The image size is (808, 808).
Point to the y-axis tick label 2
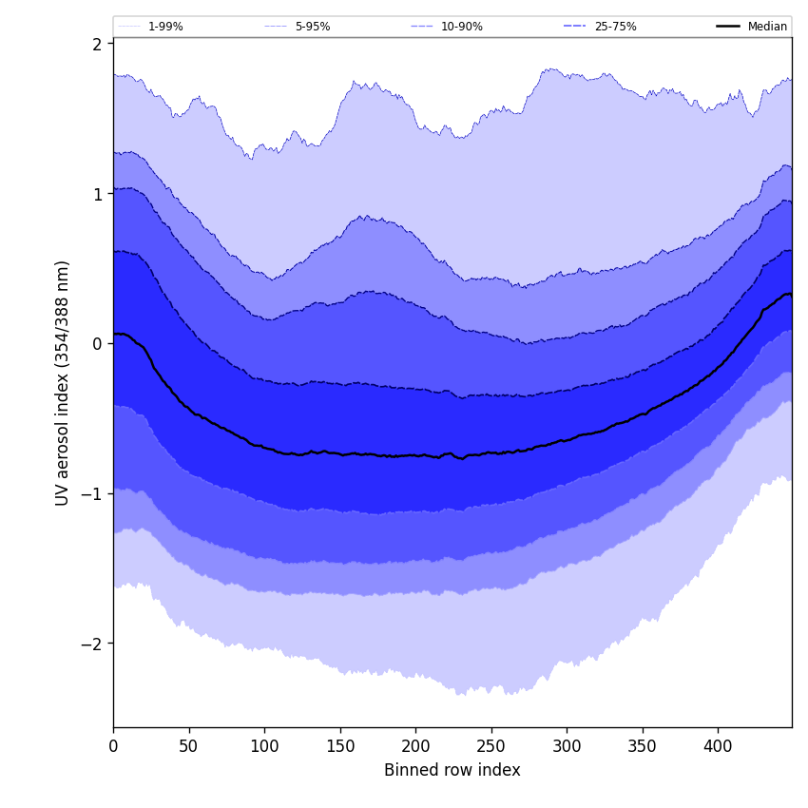click(x=97, y=44)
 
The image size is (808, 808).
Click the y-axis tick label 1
click(x=97, y=194)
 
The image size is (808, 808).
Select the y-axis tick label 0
click(x=97, y=343)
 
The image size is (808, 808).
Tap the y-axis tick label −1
click(x=92, y=493)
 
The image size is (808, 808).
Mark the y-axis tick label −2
click(x=92, y=644)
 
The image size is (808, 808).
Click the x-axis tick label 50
click(x=189, y=746)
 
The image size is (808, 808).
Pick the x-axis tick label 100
click(x=264, y=746)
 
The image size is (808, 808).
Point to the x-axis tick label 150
click(x=340, y=746)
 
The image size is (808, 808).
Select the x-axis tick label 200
click(x=415, y=746)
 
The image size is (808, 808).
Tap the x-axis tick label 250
click(x=491, y=746)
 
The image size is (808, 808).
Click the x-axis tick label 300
click(x=567, y=746)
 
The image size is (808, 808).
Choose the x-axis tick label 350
click(x=643, y=746)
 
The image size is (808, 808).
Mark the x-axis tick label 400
click(x=718, y=746)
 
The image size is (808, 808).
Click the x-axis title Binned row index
click(x=452, y=771)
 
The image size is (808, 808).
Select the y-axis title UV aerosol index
click(x=63, y=383)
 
